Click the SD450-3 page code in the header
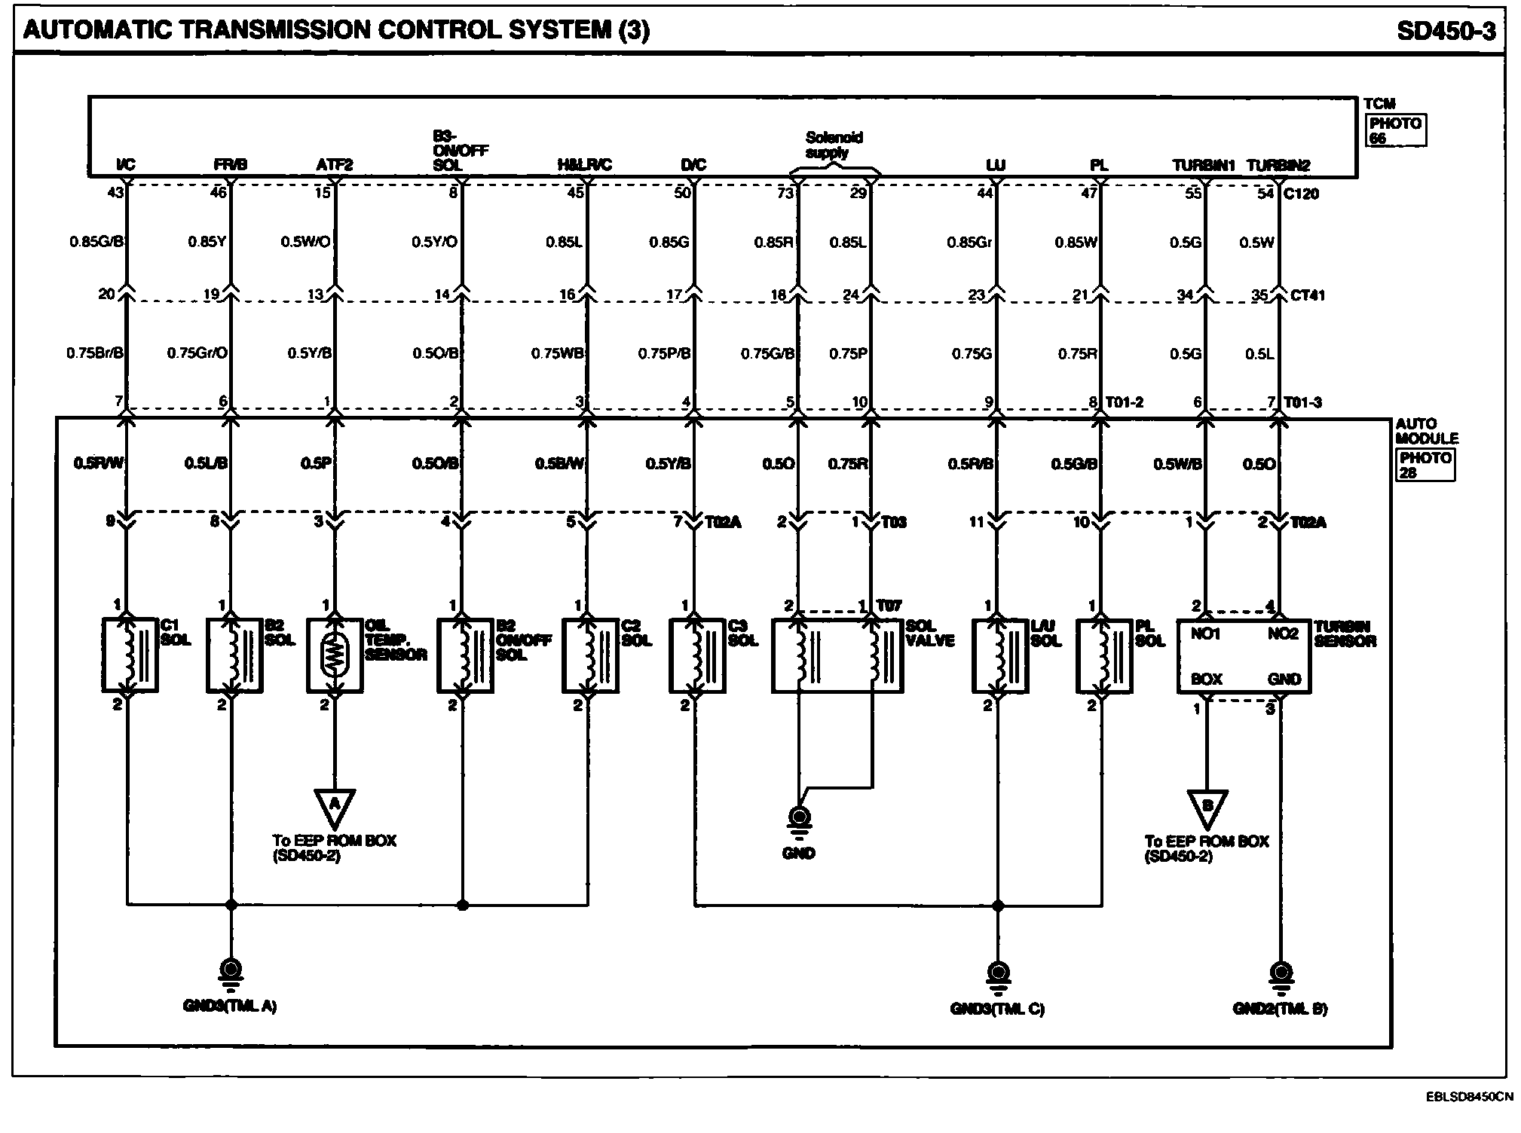[x=1445, y=30]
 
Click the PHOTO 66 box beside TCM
[x=1395, y=130]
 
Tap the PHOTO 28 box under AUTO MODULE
[x=1425, y=465]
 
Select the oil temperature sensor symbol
[x=335, y=655]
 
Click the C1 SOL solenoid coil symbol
[x=130, y=655]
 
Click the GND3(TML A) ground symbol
[x=231, y=971]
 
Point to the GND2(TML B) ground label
[x=1280, y=1009]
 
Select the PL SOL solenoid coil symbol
[x=1103, y=655]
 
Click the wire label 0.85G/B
[x=96, y=242]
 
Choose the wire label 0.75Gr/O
[x=197, y=353]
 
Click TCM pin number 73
[x=785, y=194]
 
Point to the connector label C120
[x=1301, y=194]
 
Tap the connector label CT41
[x=1307, y=295]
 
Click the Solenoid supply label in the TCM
[x=834, y=145]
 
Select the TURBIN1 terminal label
[x=1203, y=165]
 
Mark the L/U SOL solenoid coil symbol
[x=999, y=655]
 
